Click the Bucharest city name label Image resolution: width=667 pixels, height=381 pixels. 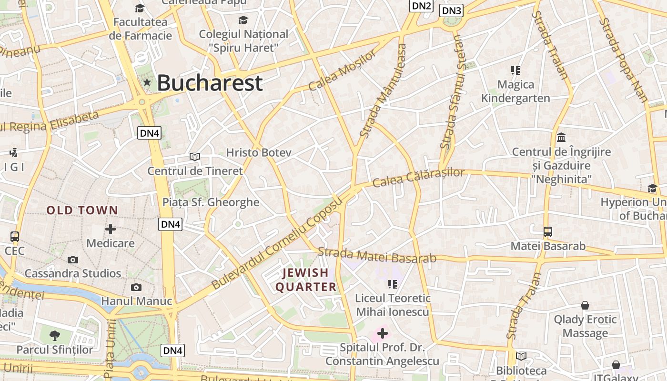click(x=210, y=83)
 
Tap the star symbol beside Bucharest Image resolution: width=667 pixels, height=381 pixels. click(x=147, y=83)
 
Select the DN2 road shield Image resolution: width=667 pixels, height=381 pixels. click(x=421, y=6)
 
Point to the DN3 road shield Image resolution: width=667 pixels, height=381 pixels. click(x=451, y=10)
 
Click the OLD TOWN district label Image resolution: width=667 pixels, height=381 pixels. click(x=82, y=210)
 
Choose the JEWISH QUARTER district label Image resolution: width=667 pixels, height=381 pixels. click(x=306, y=280)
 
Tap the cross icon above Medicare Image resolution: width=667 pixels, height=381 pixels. click(x=111, y=229)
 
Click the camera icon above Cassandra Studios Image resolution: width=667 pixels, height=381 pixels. click(x=72, y=260)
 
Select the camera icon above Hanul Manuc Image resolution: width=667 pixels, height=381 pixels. click(x=136, y=287)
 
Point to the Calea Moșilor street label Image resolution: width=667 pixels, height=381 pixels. click(x=342, y=70)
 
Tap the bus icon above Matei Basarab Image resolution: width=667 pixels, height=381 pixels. click(x=548, y=232)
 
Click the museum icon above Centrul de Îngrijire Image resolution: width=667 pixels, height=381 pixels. click(x=561, y=138)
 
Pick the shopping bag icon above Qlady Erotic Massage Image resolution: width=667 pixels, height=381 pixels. click(x=585, y=305)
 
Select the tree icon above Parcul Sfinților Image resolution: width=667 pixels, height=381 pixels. click(x=55, y=335)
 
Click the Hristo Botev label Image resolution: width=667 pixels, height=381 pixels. click(x=258, y=152)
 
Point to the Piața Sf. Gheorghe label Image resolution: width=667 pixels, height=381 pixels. click(x=211, y=202)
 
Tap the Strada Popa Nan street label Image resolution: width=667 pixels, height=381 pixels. click(x=624, y=60)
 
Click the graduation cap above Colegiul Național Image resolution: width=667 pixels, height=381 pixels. click(x=243, y=20)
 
